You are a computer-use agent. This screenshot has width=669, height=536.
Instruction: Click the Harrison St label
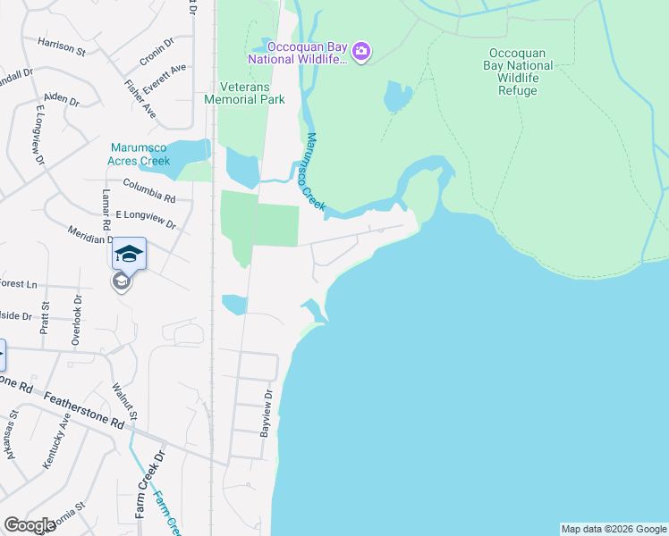pyautogui.click(x=61, y=46)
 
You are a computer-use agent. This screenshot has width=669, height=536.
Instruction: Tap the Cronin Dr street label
pyautogui.click(x=154, y=54)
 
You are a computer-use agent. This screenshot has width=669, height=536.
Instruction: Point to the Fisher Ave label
pyautogui.click(x=140, y=100)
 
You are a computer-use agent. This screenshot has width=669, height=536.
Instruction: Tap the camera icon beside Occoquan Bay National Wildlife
pyautogui.click(x=360, y=52)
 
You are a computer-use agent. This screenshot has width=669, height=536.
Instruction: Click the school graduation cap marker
pyautogui.click(x=129, y=255)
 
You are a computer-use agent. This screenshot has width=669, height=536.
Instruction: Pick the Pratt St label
pyautogui.click(x=46, y=317)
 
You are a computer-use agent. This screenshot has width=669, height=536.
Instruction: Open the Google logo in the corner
pyautogui.click(x=30, y=525)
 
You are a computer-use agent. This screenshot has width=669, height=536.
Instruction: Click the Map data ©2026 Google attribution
pyautogui.click(x=614, y=529)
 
